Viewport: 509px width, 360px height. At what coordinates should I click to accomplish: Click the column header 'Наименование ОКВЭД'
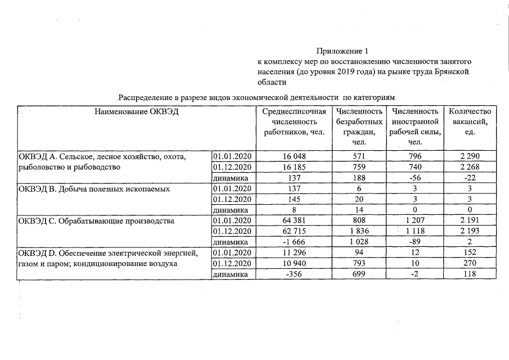tap(137, 112)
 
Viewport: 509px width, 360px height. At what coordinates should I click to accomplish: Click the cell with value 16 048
tap(294, 156)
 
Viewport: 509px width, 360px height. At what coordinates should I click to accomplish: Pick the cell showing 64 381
tap(294, 221)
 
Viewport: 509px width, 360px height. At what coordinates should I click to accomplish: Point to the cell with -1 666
tap(294, 242)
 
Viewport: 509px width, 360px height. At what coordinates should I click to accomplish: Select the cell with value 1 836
tap(359, 232)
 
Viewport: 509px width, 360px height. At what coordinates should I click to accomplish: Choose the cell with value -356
tap(294, 274)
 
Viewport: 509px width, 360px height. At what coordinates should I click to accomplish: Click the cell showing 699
tap(359, 274)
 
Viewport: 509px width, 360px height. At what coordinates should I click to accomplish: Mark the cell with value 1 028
tap(359, 242)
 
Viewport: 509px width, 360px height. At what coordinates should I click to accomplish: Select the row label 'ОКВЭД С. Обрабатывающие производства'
tap(97, 221)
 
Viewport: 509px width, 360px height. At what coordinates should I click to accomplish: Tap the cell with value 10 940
tap(294, 263)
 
